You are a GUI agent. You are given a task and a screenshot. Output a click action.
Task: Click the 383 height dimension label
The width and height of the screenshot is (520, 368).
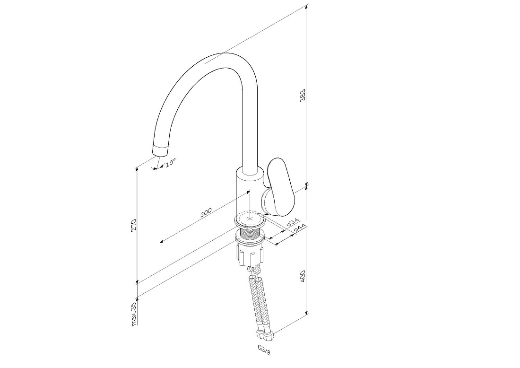tap(303, 95)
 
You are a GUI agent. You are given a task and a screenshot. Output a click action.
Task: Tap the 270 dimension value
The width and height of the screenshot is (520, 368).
tap(134, 225)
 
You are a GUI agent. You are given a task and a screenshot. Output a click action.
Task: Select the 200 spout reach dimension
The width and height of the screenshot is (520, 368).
tap(206, 213)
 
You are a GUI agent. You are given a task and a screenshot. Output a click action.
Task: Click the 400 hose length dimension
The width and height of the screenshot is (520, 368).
tap(303, 276)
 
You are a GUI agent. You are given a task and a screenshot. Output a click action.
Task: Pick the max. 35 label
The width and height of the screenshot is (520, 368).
tap(134, 314)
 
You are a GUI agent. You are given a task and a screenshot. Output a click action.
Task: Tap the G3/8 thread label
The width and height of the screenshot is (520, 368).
tap(264, 350)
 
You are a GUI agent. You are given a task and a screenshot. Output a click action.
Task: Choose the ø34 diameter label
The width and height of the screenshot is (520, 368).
tap(293, 222)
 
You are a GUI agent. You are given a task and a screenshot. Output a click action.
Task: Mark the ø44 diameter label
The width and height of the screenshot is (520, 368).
tap(300, 228)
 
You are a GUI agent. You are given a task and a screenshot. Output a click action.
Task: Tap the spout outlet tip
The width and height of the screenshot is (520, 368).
tap(161, 151)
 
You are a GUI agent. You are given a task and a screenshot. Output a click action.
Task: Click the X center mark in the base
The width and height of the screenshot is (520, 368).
tap(251, 219)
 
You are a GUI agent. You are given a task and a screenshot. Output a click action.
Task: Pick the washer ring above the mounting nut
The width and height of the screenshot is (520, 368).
tap(251, 238)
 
